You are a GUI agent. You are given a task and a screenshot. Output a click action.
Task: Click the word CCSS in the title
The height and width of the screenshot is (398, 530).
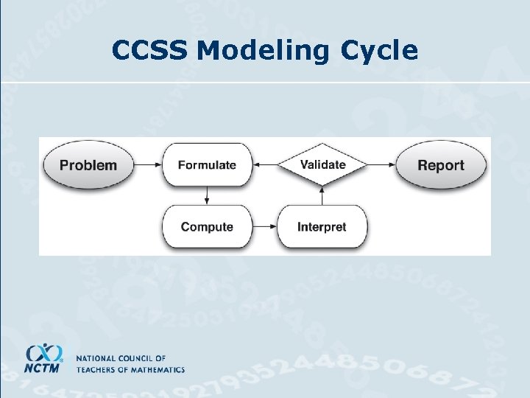pos(151,50)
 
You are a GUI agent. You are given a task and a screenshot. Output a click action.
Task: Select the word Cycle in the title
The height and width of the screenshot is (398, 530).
pos(379,50)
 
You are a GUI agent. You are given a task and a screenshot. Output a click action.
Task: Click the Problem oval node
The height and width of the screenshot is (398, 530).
pos(88,165)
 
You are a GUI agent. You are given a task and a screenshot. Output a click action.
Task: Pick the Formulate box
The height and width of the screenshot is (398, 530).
pos(207,165)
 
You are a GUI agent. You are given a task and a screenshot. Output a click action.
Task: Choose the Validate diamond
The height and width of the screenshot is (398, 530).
pos(322,164)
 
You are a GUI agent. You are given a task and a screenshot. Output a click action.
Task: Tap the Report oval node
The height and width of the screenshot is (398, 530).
pos(441,165)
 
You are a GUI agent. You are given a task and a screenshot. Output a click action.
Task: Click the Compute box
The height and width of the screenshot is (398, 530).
pos(207,227)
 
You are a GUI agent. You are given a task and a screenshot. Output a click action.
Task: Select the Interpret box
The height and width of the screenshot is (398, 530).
pos(322,227)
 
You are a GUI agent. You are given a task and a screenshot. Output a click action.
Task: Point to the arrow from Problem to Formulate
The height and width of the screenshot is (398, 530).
pos(149,165)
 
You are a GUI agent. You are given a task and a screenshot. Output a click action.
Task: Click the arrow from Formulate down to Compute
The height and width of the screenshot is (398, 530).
pos(207,195)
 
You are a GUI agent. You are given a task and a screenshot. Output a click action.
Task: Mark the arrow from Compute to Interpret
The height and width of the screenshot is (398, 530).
pos(264,227)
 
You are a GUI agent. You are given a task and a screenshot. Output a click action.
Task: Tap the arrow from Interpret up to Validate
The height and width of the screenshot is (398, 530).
pos(322,195)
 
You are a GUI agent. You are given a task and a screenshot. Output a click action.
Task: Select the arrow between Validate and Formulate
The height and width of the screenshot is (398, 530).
pos(264,165)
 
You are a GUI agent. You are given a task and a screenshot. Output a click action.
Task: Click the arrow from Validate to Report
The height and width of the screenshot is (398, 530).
pos(381,165)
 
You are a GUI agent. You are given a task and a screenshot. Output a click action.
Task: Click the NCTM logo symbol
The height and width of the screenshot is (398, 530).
pos(44,352)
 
